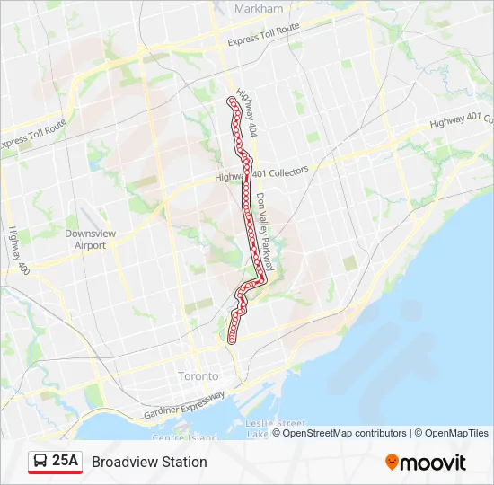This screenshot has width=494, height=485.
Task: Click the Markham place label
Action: pyautogui.click(x=258, y=8)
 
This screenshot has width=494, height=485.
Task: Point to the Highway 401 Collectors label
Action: pyautogui.click(x=261, y=173)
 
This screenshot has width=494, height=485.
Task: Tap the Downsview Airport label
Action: pyautogui.click(x=90, y=239)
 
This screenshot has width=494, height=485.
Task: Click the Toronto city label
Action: pyautogui.click(x=198, y=375)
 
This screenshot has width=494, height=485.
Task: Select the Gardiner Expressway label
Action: pyautogui.click(x=185, y=407)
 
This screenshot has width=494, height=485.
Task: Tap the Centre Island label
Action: pyautogui.click(x=184, y=437)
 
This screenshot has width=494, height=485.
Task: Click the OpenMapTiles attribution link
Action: pyautogui.click(x=456, y=433)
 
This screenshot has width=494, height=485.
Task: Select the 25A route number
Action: pyautogui.click(x=66, y=462)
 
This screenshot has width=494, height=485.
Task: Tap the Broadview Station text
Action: pyautogui.click(x=149, y=462)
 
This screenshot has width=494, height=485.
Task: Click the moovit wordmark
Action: pyautogui.click(x=433, y=463)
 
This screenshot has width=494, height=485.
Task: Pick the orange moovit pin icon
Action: pyautogui.click(x=392, y=462)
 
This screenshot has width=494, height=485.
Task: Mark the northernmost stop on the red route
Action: pyautogui.click(x=232, y=100)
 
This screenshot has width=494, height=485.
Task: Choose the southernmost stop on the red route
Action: pyautogui.click(x=232, y=340)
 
